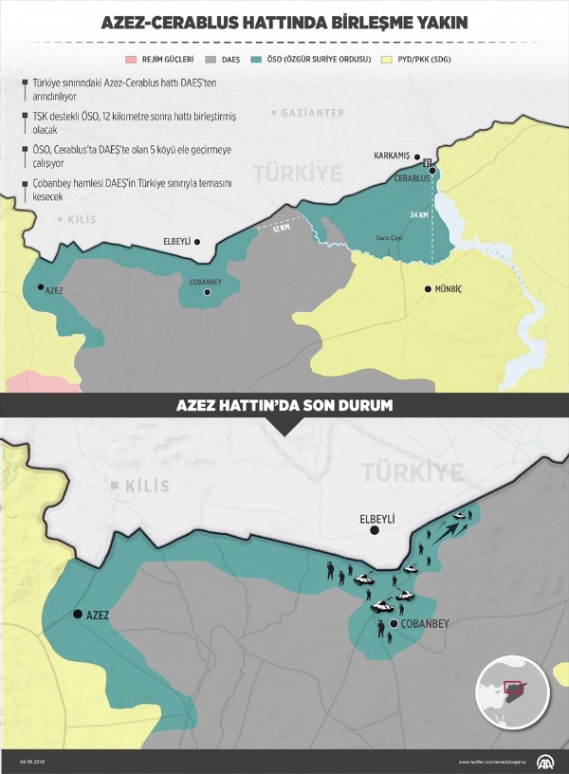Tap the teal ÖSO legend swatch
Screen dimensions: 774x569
(x=258, y=58)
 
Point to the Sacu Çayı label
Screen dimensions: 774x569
(x=391, y=237)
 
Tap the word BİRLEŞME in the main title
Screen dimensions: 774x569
(x=367, y=23)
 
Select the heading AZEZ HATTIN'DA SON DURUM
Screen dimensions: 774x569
(x=284, y=405)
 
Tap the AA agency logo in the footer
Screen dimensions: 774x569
(x=547, y=762)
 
